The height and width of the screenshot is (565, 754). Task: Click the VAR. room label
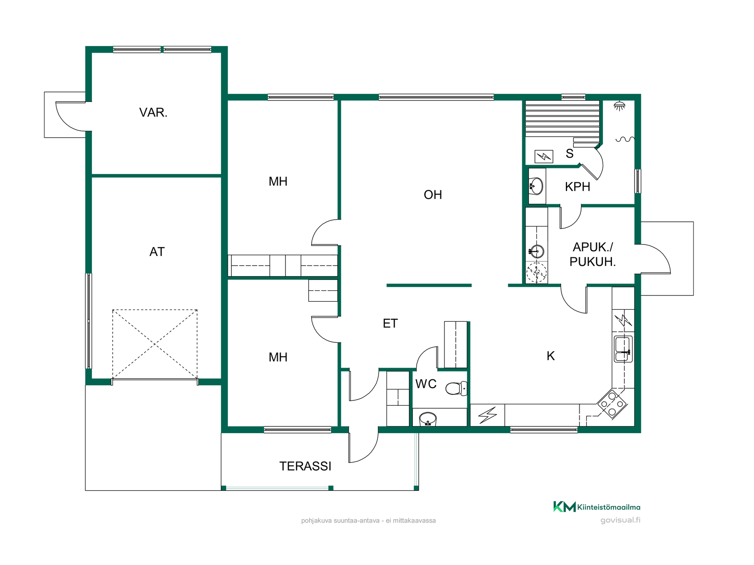tap(153, 113)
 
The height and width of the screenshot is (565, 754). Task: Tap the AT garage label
tap(157, 252)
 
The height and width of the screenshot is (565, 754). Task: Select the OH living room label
tap(433, 195)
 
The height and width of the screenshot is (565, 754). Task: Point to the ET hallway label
tap(390, 323)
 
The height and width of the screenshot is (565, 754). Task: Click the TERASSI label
tap(305, 466)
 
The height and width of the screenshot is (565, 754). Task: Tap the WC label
tap(426, 384)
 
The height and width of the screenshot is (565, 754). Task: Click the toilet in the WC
tap(456, 388)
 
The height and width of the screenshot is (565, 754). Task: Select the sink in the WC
tap(428, 419)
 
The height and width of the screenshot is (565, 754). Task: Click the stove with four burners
tap(612, 403)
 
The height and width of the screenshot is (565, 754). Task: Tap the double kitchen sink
tap(623, 349)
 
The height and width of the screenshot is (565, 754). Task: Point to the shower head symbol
tap(619, 106)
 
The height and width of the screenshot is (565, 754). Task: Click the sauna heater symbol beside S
tap(544, 157)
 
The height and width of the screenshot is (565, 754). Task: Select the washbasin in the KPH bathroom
tap(536, 186)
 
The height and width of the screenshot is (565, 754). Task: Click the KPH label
tap(577, 187)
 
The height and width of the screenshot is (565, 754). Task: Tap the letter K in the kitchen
tap(551, 356)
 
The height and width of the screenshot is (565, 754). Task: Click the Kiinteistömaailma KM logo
tap(597, 507)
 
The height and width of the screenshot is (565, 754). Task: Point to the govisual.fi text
tap(620, 520)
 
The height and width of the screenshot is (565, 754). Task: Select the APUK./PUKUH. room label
tap(593, 254)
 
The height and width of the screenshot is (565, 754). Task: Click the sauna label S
tap(569, 153)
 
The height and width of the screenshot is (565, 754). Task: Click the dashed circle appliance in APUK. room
tap(536, 272)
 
